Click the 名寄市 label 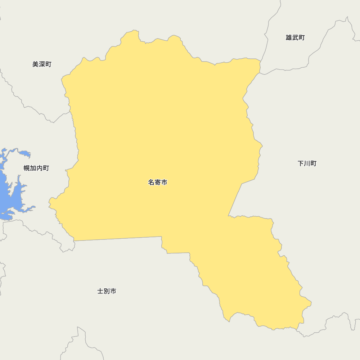[158, 183]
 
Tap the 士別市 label [107, 291]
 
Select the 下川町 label [307, 163]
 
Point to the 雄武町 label [295, 38]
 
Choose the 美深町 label [42, 64]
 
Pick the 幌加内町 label [36, 168]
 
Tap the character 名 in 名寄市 [151, 183]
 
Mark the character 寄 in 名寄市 [158, 183]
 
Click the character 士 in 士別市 [100, 291]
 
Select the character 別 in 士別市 [107, 291]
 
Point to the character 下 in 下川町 [301, 163]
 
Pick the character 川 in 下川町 [307, 163]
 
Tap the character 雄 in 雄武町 [289, 38]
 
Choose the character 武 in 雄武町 [295, 38]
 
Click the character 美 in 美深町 [35, 64]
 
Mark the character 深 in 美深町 [42, 64]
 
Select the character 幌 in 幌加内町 [27, 168]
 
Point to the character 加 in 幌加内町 [33, 168]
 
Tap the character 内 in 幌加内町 [40, 168]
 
